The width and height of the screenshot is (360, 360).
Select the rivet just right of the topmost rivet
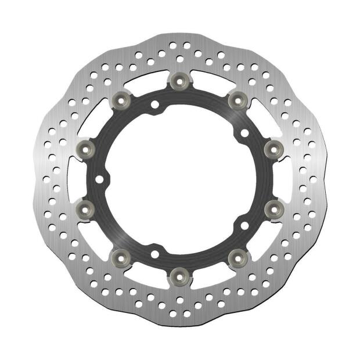click(x=236, y=99)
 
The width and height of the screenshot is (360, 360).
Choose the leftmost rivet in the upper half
click(x=84, y=149)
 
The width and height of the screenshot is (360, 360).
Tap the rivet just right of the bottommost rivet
click(x=236, y=255)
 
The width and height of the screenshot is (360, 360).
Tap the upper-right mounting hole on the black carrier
click(x=244, y=133)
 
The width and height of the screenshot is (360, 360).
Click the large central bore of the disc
click(x=178, y=178)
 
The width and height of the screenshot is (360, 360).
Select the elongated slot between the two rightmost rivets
click(x=283, y=178)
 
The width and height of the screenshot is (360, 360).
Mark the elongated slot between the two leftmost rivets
click(x=73, y=178)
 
